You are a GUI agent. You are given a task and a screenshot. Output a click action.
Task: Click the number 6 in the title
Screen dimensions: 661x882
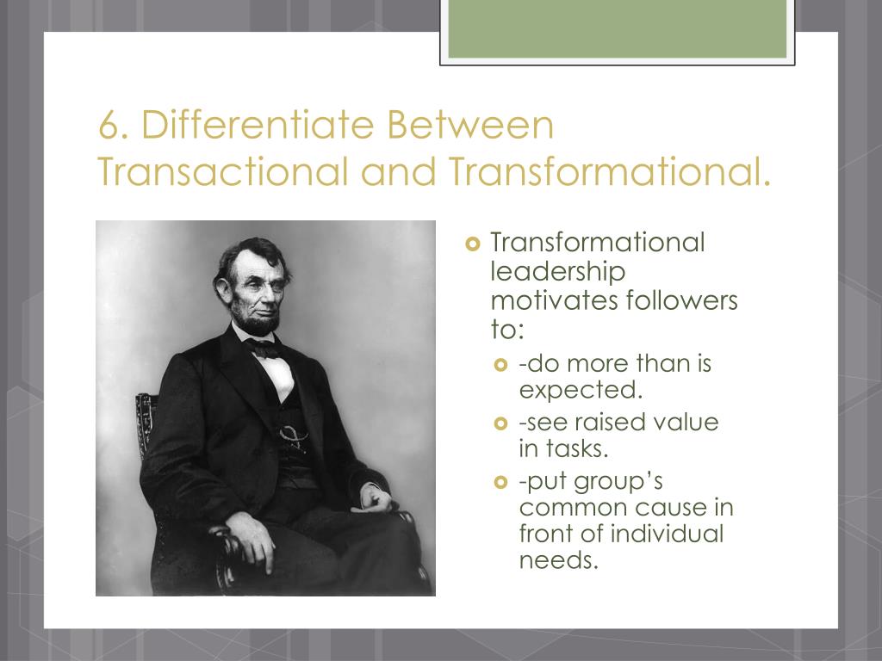coord(109,127)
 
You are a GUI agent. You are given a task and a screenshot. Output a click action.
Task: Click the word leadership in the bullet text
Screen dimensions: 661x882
coord(557,271)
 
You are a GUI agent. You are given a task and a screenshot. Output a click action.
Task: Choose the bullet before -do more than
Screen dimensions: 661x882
coord(503,365)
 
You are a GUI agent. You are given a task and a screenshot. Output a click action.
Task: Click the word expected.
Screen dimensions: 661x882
coord(581,390)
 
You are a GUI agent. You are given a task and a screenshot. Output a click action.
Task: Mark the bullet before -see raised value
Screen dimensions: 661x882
coord(503,423)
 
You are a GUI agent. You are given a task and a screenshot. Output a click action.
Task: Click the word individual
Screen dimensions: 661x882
coord(667,534)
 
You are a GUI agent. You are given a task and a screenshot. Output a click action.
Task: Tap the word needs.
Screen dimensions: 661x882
coord(557,560)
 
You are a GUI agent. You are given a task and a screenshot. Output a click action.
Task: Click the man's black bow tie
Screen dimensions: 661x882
coord(263,348)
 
